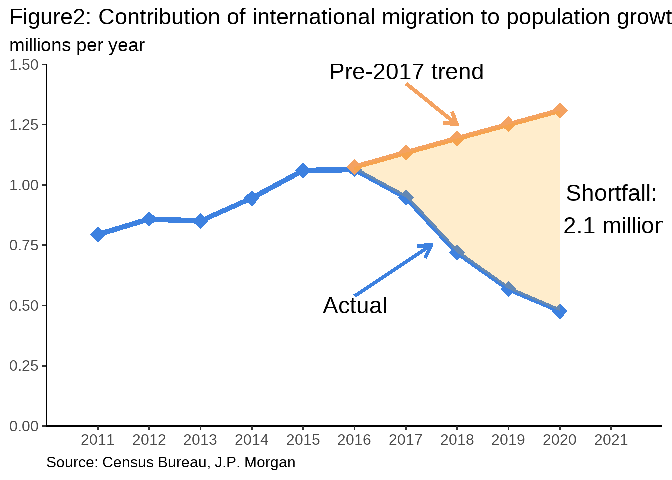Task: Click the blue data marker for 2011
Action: pyautogui.click(x=98, y=234)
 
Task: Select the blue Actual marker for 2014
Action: pyautogui.click(x=252, y=198)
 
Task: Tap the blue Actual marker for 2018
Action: pyautogui.click(x=457, y=252)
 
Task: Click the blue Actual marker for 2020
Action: pyautogui.click(x=560, y=311)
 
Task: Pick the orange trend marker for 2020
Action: pyautogui.click(x=560, y=110)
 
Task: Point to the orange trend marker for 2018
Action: pyautogui.click(x=457, y=138)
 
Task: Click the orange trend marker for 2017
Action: pyautogui.click(x=405, y=152)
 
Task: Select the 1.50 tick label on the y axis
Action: pyautogui.click(x=24, y=65)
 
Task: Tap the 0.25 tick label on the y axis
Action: pyautogui.click(x=24, y=366)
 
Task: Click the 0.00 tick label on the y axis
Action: pyautogui.click(x=24, y=426)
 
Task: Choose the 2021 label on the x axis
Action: pyautogui.click(x=611, y=440)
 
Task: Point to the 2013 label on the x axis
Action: pyautogui.click(x=200, y=440)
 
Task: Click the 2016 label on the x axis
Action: pyautogui.click(x=354, y=440)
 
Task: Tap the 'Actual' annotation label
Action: pyautogui.click(x=355, y=306)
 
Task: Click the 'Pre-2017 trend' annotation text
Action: pyautogui.click(x=406, y=72)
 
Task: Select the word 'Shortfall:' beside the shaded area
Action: pyautogui.click(x=611, y=193)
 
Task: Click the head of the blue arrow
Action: pyautogui.click(x=429, y=246)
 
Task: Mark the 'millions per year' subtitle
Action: pyautogui.click(x=77, y=45)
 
